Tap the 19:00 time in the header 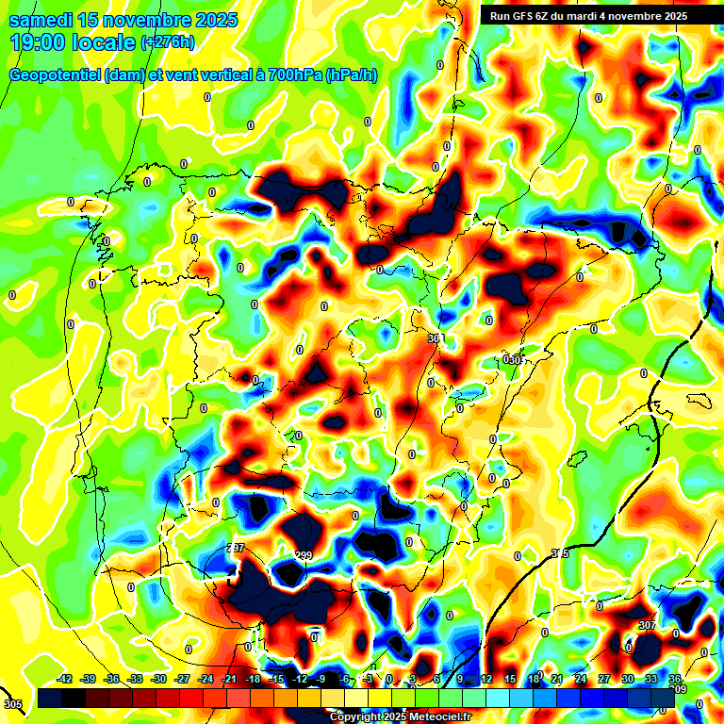pyautogui.click(x=41, y=42)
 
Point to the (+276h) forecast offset pyautogui.click(x=168, y=41)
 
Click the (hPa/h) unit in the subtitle pyautogui.click(x=351, y=74)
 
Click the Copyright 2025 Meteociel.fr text pyautogui.click(x=400, y=717)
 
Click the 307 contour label pyautogui.click(x=647, y=625)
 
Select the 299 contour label pyautogui.click(x=304, y=555)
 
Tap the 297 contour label pyautogui.click(x=236, y=548)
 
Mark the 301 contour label pyautogui.click(x=435, y=337)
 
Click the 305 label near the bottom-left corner pyautogui.click(x=12, y=704)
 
